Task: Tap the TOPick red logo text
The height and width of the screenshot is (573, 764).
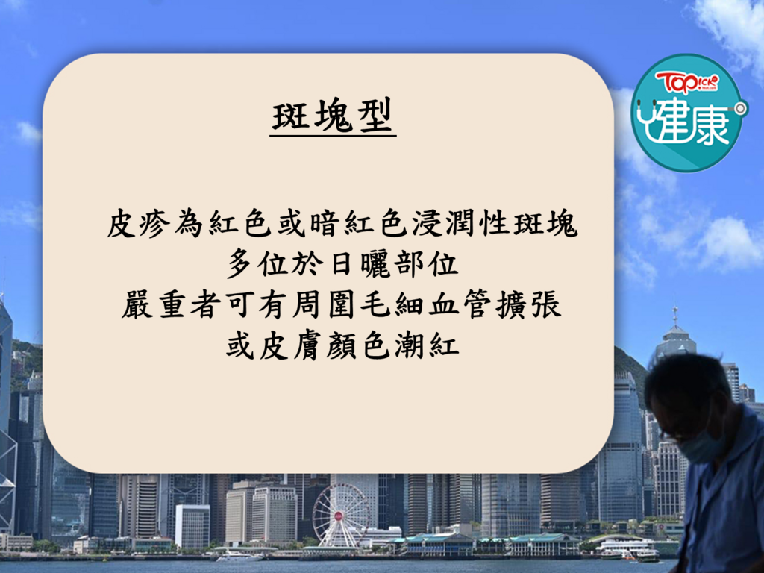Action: click(x=686, y=82)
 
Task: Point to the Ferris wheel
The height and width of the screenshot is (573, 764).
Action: click(x=340, y=515)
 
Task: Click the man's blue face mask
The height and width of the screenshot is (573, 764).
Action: click(x=701, y=446)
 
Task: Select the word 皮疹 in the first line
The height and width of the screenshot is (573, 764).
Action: click(x=138, y=225)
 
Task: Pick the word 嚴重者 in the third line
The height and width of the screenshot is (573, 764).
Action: click(x=171, y=305)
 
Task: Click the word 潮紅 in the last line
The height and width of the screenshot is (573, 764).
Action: click(x=427, y=346)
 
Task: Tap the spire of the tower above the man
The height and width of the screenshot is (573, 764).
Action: click(x=674, y=316)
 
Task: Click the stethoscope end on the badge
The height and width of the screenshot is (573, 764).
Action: click(x=741, y=109)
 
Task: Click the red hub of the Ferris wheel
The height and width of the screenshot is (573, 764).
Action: click(x=339, y=515)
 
